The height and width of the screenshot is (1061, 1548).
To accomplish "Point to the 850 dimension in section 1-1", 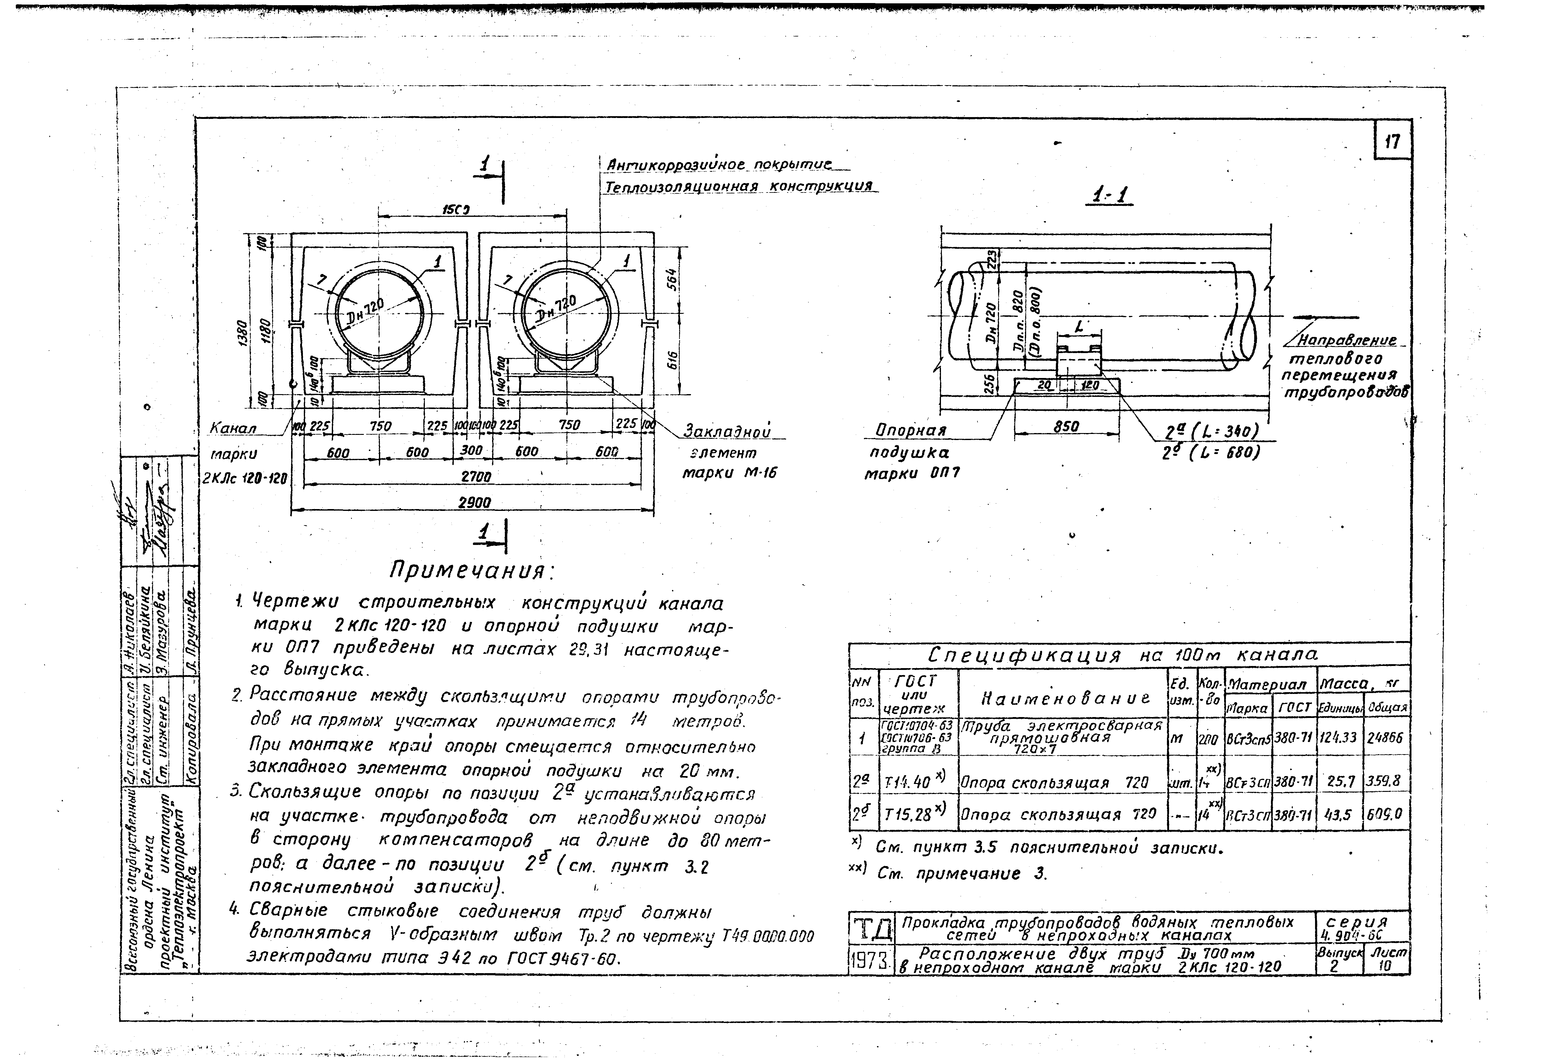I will click(1066, 426).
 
